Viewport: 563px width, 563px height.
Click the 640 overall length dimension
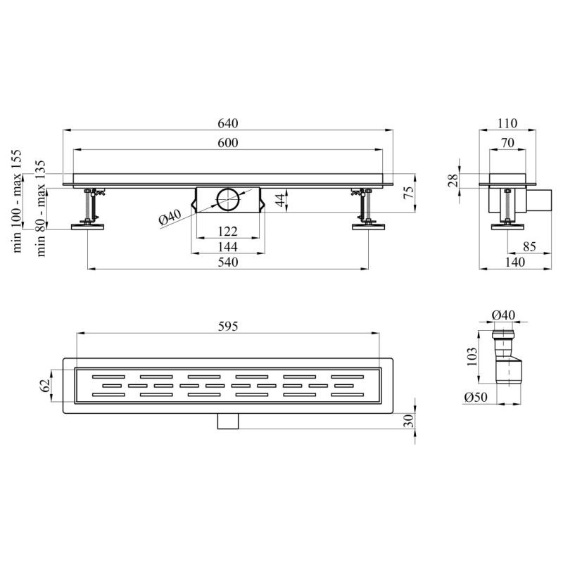tap(228, 124)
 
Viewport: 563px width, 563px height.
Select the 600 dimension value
tap(228, 143)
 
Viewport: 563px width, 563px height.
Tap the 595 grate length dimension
tap(228, 327)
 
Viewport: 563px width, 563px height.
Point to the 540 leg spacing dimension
tap(228, 262)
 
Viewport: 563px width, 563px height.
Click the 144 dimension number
tap(228, 247)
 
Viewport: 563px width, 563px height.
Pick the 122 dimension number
tap(228, 232)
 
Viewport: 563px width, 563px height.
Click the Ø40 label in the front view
tap(170, 217)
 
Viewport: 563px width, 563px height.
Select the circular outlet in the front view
tap(227, 199)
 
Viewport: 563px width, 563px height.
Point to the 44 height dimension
tap(281, 200)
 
